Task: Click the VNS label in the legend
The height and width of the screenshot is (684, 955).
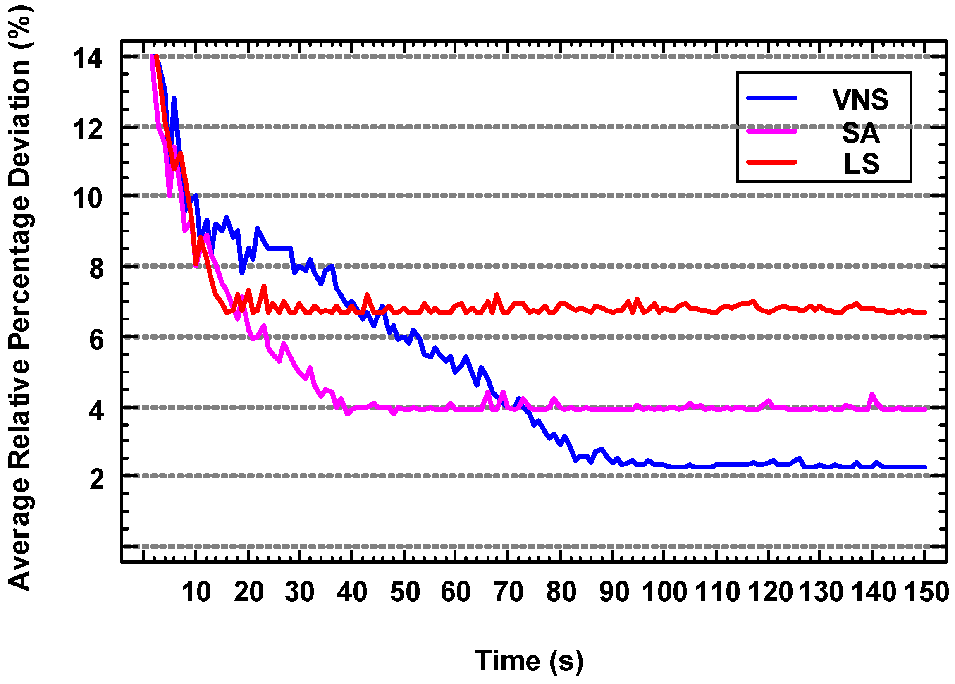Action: click(860, 100)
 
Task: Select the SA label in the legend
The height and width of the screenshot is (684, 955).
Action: click(861, 133)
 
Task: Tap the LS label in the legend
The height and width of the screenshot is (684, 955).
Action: click(862, 164)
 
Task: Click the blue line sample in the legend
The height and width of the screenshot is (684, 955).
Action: click(771, 98)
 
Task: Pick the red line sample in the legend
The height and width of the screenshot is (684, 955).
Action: click(771, 162)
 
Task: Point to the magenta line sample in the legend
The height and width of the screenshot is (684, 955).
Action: click(771, 132)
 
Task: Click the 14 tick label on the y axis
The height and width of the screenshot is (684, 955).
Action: click(87, 59)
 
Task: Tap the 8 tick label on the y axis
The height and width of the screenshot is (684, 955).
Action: click(96, 269)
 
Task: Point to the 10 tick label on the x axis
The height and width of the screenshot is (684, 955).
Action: click(196, 592)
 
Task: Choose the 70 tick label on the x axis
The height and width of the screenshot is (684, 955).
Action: click(508, 592)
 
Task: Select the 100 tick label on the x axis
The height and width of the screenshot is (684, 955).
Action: click(664, 592)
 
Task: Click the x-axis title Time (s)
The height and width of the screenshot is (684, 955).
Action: click(529, 660)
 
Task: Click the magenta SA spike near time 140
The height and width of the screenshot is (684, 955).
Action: click(872, 394)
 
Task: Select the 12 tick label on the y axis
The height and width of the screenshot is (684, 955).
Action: click(87, 130)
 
